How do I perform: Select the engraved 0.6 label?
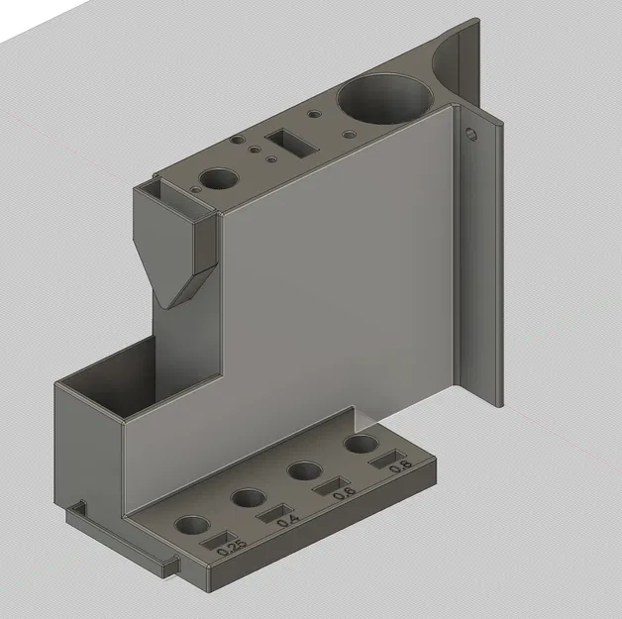(344, 491)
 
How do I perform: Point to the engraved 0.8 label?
(399, 465)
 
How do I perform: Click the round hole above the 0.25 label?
(191, 526)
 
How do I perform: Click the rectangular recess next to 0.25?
(216, 542)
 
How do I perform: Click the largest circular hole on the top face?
(385, 98)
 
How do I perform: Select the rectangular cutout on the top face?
(292, 143)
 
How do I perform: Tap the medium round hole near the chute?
(219, 180)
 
